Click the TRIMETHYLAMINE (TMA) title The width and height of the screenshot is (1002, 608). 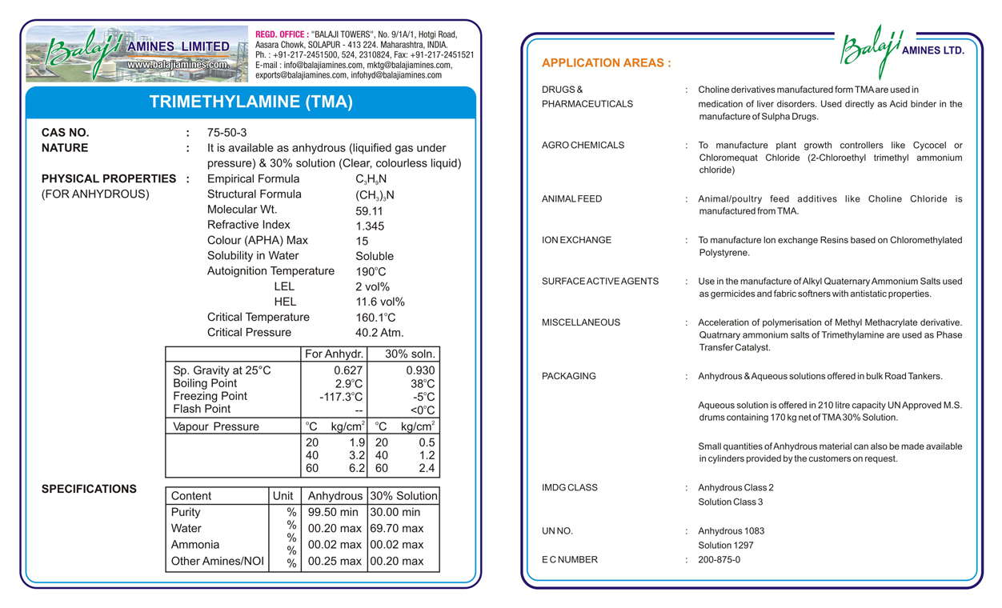coord(250,102)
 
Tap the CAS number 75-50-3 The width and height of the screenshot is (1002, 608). coord(226,133)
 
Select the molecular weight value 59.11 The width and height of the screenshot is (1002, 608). coord(369,211)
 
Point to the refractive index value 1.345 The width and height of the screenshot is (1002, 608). coord(370,226)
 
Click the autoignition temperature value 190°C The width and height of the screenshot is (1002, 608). coord(371,272)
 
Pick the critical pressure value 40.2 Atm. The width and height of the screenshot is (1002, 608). coord(379,333)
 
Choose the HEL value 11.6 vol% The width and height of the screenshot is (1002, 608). coord(380,302)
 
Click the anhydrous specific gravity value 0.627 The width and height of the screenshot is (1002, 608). coord(347,370)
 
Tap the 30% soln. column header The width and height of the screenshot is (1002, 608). coord(410,354)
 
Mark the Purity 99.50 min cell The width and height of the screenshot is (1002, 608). coord(333,512)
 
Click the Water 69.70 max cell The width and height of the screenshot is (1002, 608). coord(396,529)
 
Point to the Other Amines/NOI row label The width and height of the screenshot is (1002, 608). coord(217,562)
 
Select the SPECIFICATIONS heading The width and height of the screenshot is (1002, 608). coord(89,489)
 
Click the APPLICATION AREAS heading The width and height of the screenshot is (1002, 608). coord(606,63)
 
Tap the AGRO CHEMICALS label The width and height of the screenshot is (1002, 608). coord(583,146)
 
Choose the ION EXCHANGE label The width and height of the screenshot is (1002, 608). coord(576,240)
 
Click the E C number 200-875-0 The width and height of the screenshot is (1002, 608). coord(719,560)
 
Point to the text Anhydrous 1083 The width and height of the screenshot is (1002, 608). coord(731,531)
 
